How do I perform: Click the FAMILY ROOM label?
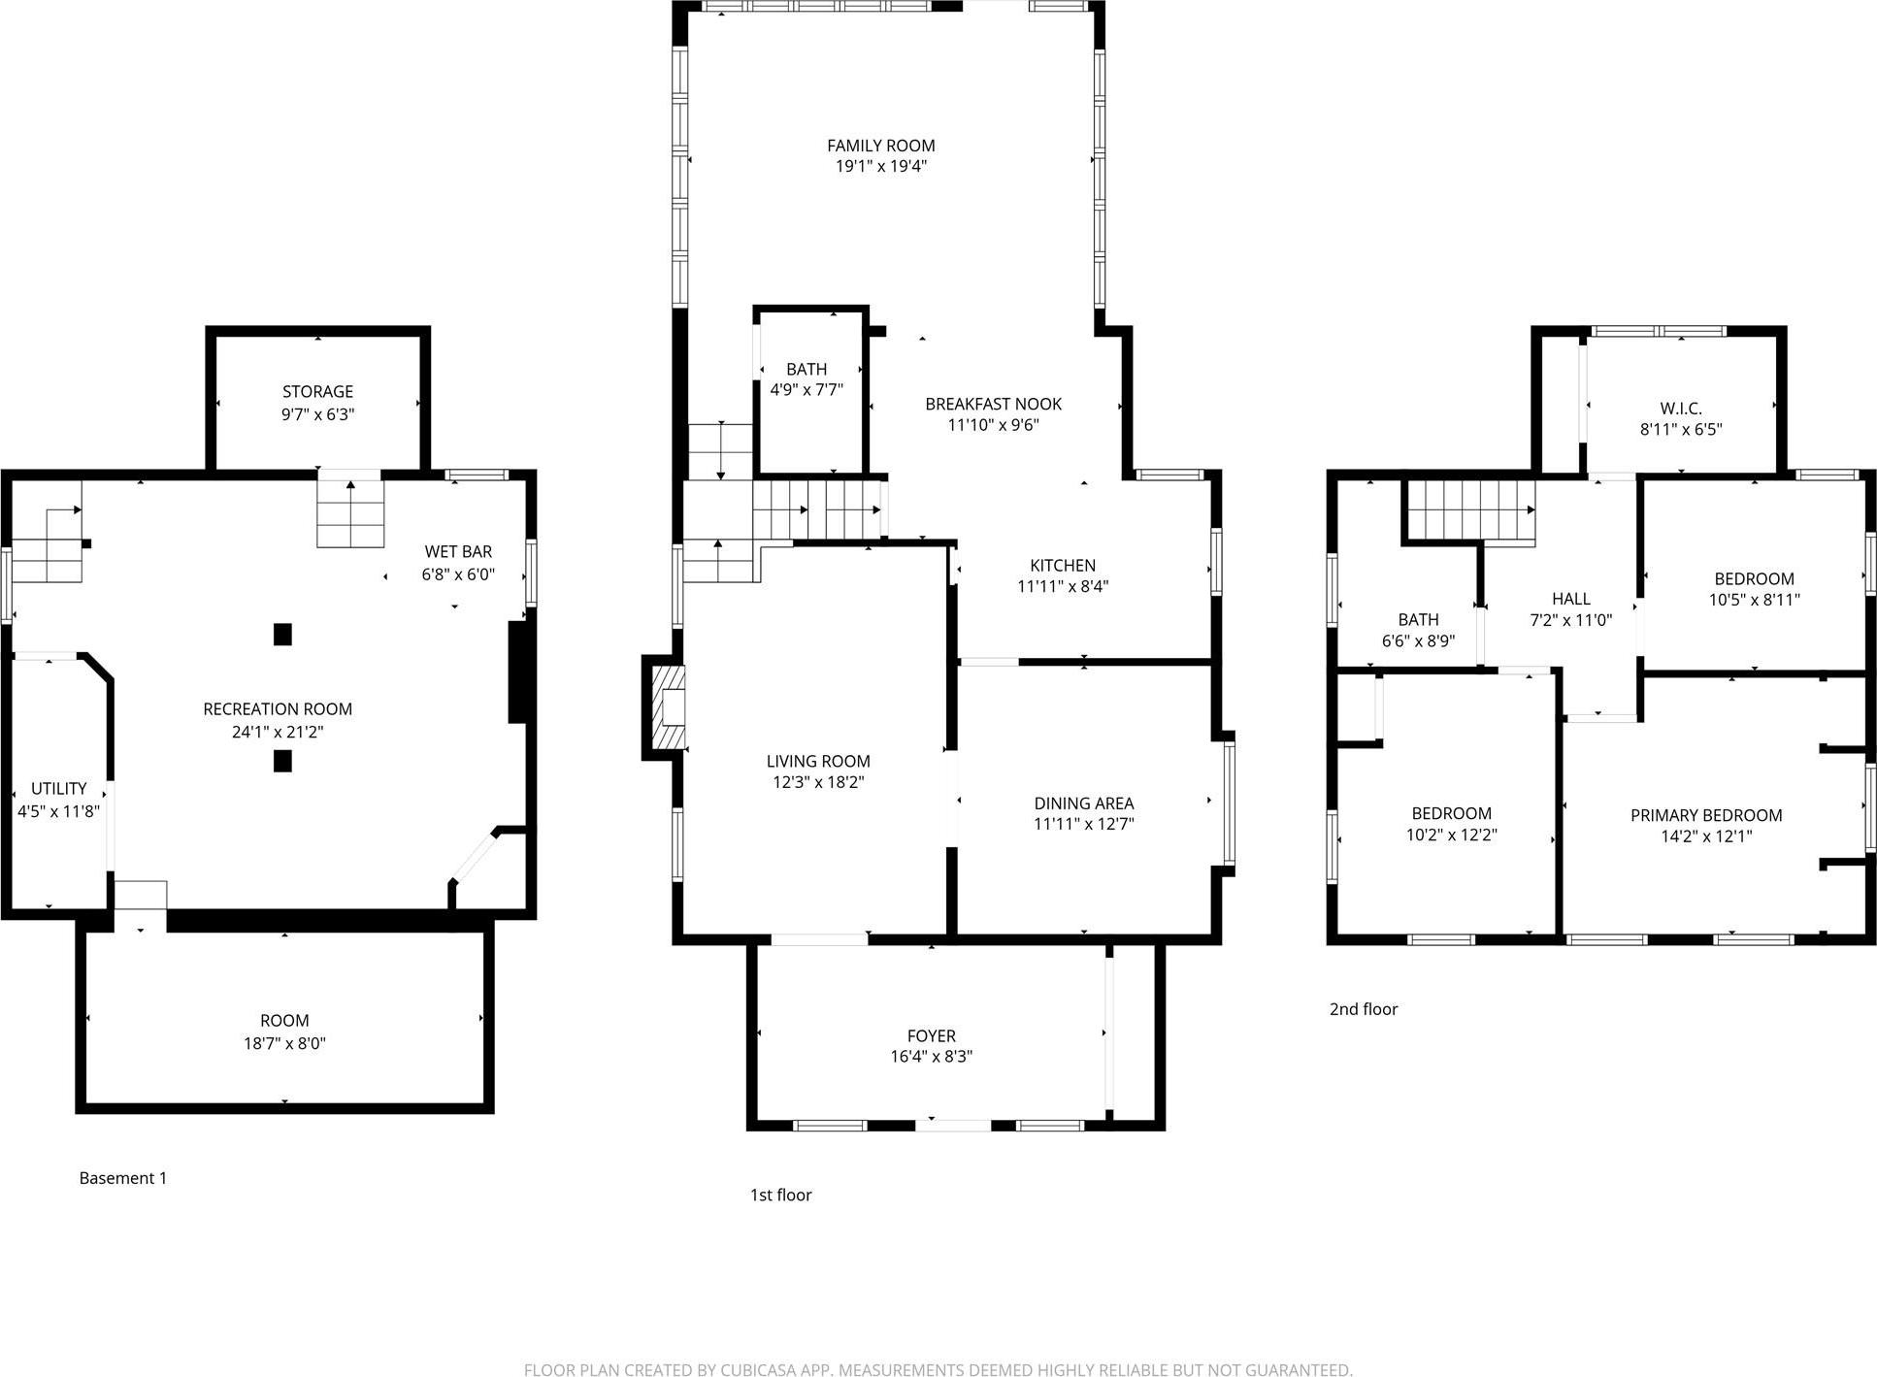pyautogui.click(x=880, y=146)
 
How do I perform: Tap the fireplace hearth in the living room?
pyautogui.click(x=667, y=706)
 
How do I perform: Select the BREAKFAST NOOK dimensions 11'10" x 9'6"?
pyautogui.click(x=993, y=424)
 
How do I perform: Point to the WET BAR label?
pyautogui.click(x=458, y=552)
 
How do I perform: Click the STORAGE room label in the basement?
pyautogui.click(x=317, y=391)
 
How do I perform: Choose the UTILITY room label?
pyautogui.click(x=58, y=788)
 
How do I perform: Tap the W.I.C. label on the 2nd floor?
pyautogui.click(x=1680, y=409)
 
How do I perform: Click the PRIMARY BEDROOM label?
pyautogui.click(x=1705, y=815)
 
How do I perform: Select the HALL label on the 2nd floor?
pyautogui.click(x=1570, y=599)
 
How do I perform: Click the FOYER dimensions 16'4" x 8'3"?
pyautogui.click(x=931, y=1057)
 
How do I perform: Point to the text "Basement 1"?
pyautogui.click(x=122, y=1178)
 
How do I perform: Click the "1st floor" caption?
pyautogui.click(x=780, y=1195)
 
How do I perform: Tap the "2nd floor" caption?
pyautogui.click(x=1363, y=1009)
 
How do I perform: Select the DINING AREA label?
pyautogui.click(x=1083, y=803)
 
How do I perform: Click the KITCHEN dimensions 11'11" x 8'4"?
pyautogui.click(x=1063, y=586)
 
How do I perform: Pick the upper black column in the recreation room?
pyautogui.click(x=282, y=635)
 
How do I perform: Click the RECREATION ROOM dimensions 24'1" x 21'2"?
pyautogui.click(x=278, y=732)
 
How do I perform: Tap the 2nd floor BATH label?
pyautogui.click(x=1418, y=619)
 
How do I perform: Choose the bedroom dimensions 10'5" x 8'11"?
pyautogui.click(x=1754, y=600)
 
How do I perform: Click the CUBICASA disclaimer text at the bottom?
pyautogui.click(x=938, y=1369)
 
